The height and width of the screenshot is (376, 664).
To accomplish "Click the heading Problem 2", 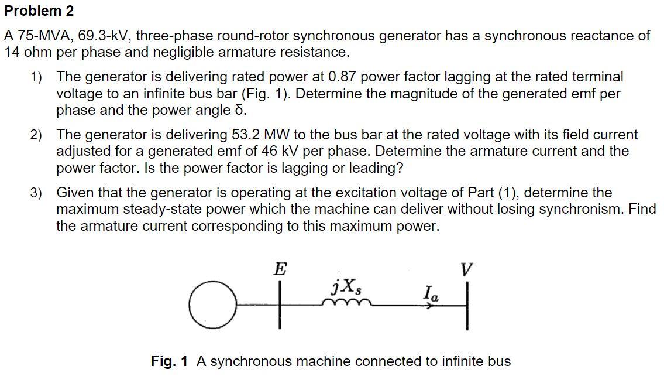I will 39,11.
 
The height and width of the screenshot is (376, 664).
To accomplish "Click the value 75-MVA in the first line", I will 36,36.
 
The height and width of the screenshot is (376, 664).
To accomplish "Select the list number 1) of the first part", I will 37,77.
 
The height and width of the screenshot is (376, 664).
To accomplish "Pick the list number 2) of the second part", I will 37,135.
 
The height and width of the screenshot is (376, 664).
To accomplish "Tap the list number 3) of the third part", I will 37,193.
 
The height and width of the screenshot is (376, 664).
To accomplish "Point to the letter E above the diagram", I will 280,269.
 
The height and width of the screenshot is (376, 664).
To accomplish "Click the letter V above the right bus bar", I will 466,270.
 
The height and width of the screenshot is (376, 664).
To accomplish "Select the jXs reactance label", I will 346,288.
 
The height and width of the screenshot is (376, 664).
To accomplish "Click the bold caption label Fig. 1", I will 169,361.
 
